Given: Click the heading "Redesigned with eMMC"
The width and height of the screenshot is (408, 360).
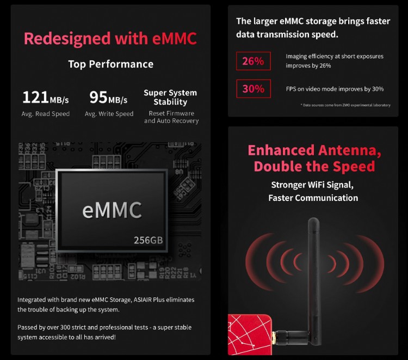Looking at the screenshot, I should (110, 39).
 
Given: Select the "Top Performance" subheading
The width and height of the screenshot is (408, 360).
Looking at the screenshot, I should (110, 64).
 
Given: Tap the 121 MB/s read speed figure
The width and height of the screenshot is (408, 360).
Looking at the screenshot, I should (46, 98).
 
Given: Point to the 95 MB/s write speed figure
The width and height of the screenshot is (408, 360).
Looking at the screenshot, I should (108, 98).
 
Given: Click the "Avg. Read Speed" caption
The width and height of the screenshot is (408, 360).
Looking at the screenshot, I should (46, 114).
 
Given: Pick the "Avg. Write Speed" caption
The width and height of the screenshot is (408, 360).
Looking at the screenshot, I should (109, 114).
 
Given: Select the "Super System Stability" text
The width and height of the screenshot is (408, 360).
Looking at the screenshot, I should (170, 97).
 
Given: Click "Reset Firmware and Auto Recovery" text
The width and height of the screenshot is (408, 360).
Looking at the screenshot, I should (171, 117).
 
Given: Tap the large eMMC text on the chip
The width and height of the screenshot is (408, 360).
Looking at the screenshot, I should (112, 210).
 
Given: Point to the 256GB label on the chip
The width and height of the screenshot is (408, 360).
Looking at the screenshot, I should (148, 240).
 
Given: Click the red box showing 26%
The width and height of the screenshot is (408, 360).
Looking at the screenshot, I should (253, 61).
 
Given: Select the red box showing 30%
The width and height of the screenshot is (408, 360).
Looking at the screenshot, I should (253, 88).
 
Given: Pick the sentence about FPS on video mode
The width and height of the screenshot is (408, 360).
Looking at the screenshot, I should (335, 89).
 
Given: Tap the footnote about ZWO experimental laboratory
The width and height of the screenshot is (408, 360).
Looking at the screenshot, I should (347, 105).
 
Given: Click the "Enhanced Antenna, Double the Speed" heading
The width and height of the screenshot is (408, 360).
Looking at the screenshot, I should (311, 158).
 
